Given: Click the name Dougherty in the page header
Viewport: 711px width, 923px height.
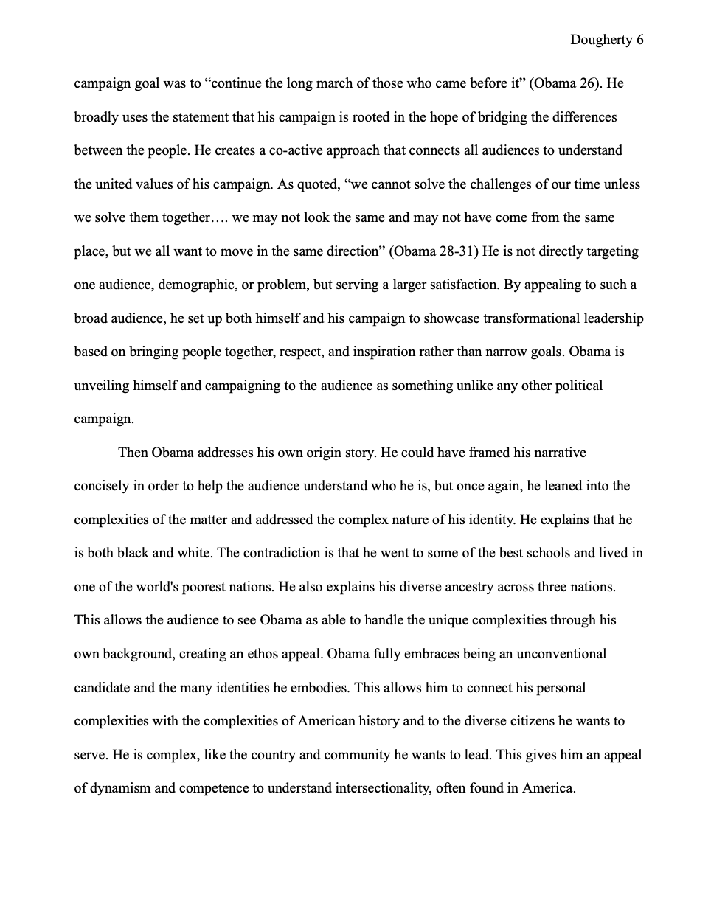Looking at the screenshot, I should (x=600, y=40).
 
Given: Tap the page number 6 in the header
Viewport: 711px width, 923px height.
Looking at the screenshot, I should (x=639, y=40).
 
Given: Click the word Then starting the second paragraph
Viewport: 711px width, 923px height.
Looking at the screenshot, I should (x=133, y=452).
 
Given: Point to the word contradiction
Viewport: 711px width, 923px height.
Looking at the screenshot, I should (x=281, y=553).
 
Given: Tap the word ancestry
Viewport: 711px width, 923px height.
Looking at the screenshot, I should (x=462, y=587).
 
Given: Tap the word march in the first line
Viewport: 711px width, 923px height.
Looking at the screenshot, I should (x=325, y=83).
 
